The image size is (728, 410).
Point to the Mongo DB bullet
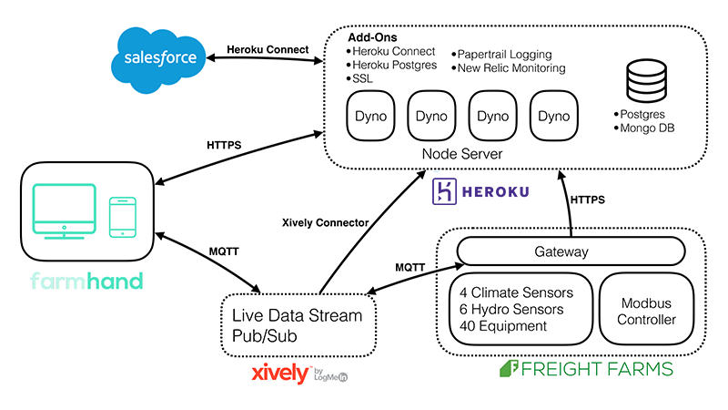point(648,128)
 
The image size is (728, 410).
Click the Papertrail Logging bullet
point(505,54)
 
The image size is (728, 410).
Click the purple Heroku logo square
point(446,191)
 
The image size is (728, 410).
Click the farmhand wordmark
point(86,281)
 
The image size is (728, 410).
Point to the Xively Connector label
point(325,222)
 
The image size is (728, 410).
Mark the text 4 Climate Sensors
point(516,293)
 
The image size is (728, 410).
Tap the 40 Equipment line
point(503,326)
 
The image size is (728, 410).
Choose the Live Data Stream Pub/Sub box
point(298,324)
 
